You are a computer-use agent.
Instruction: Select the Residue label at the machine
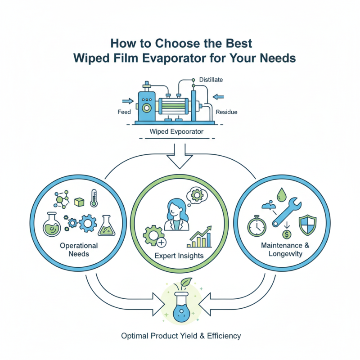point(226,111)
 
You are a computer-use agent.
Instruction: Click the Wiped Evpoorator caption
point(175,132)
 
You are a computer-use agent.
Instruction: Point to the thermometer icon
point(94,198)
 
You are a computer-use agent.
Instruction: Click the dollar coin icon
point(286,234)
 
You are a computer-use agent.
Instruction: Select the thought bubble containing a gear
point(196,195)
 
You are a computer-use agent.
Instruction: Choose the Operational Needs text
point(79,250)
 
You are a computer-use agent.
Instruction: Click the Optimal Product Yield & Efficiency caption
point(180,336)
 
